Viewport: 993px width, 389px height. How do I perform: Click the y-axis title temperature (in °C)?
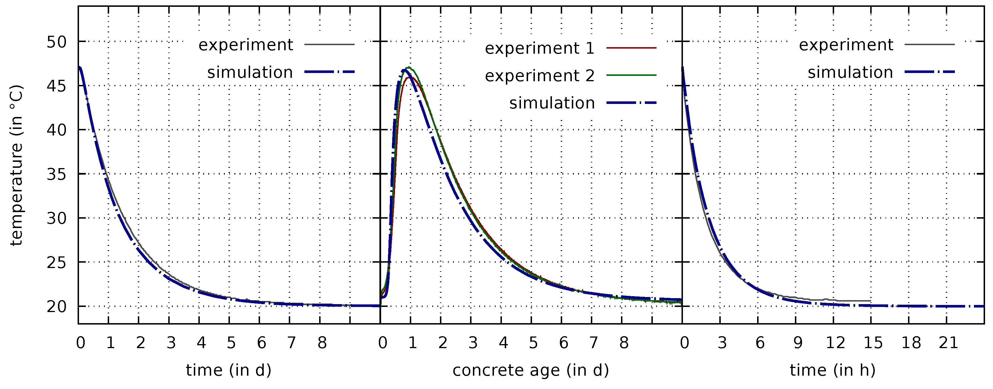[16, 166]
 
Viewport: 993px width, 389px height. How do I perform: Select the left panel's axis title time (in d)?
[228, 370]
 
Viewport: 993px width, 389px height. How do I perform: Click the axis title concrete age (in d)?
[530, 370]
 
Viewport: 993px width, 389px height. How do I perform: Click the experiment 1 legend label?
[539, 48]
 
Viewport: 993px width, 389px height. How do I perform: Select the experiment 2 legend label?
[539, 76]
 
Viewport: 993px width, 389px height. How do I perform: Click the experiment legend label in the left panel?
[246, 45]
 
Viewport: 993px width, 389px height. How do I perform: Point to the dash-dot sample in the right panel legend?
[930, 72]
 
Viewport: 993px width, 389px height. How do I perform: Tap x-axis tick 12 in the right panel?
[835, 342]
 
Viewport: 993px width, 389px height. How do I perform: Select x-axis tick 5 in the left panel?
[231, 342]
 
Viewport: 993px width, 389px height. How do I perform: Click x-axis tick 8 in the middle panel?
[624, 342]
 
